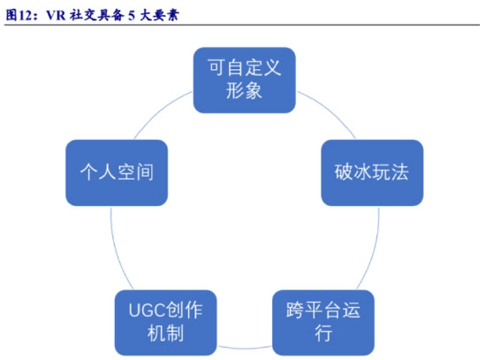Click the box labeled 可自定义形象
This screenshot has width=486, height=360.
244,80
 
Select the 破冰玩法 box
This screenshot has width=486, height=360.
372,172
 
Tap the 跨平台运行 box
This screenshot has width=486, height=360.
323,323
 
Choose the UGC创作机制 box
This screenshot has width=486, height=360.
165,323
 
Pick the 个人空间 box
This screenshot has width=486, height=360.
117,172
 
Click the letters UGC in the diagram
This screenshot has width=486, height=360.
147,310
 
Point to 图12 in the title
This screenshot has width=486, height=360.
19,15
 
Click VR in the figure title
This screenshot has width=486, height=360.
56,15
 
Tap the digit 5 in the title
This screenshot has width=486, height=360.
132,16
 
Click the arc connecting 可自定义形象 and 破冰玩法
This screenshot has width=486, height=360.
330,111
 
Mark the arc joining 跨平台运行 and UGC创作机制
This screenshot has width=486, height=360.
245,348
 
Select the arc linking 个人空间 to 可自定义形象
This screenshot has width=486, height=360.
160,111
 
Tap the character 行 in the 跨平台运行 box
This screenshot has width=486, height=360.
323,333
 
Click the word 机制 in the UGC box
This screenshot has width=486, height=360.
165,333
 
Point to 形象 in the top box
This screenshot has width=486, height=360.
244,91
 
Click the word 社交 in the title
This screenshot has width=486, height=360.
83,15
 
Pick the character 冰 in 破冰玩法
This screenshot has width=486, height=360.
362,172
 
